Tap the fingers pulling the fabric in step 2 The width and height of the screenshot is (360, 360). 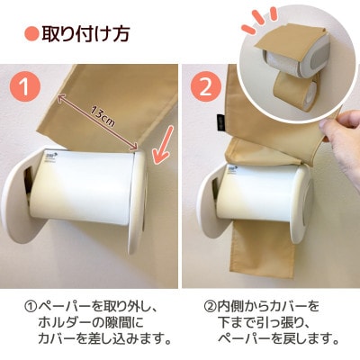pos(339,140)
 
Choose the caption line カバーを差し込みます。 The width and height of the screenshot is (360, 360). pos(103,339)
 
